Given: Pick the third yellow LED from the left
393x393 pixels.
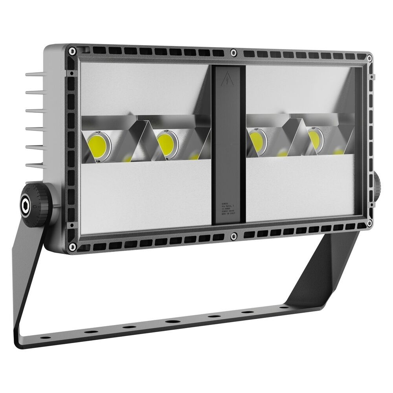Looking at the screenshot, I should coord(256,140).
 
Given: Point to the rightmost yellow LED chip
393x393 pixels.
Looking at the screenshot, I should coord(315,138).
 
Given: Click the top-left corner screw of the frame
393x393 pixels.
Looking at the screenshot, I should coord(72,51).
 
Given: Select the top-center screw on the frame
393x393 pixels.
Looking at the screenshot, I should coord(233,52).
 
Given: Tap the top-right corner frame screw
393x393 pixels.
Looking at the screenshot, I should coord(369,58).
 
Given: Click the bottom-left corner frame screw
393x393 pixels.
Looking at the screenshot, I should coord(72,247).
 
